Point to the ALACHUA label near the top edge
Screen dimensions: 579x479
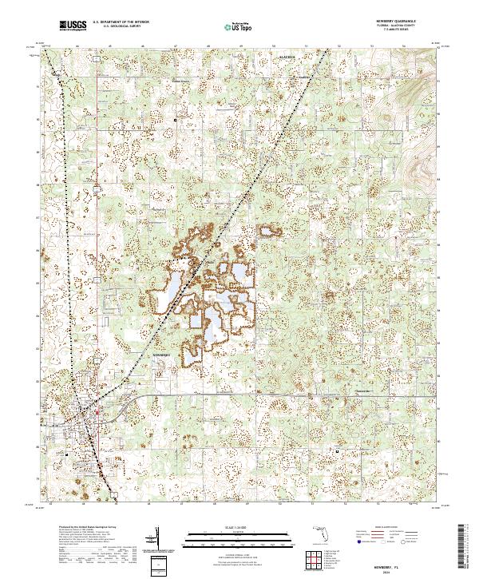click(287, 58)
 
